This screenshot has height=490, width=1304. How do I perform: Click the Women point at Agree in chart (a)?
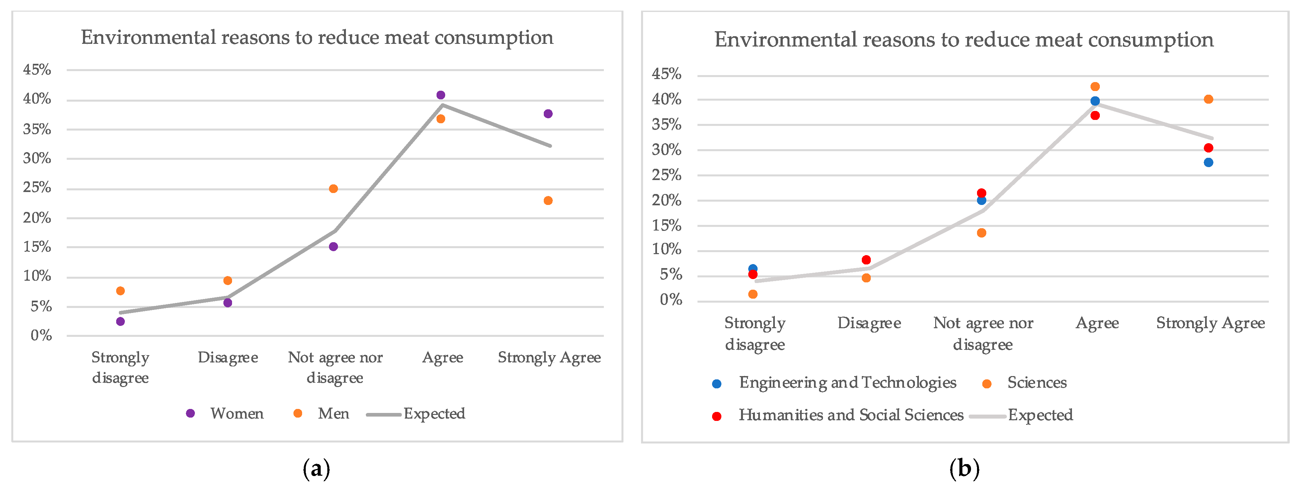[441, 95]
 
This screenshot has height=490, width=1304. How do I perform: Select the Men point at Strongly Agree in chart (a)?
[548, 201]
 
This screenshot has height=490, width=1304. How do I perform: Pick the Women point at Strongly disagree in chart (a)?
[121, 321]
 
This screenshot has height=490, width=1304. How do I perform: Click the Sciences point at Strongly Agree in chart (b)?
[1208, 99]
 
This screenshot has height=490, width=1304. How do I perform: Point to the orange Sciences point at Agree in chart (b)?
[1095, 87]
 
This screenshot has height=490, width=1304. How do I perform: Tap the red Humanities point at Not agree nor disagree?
[982, 193]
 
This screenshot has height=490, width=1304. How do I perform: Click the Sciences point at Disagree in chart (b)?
[866, 278]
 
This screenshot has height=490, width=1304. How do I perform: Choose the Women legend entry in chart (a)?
[226, 414]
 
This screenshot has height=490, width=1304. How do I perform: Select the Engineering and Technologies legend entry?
[835, 383]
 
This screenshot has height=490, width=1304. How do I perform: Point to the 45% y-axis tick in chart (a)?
[37, 70]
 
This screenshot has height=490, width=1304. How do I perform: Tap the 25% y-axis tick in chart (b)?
[667, 175]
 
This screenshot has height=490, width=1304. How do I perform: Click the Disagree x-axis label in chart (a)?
[228, 358]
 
